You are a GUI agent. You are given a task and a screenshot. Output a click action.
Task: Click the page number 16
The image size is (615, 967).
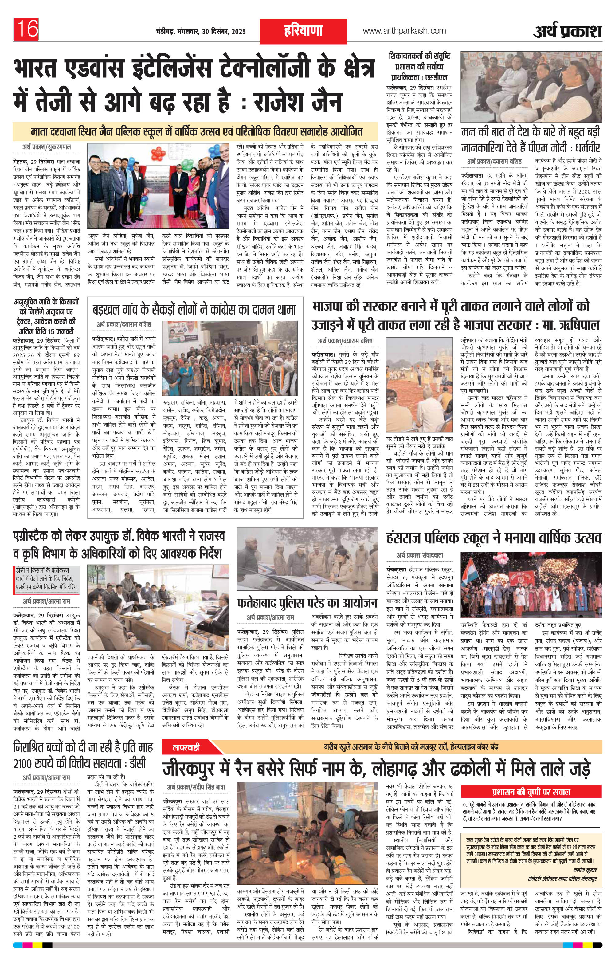(x=26, y=29)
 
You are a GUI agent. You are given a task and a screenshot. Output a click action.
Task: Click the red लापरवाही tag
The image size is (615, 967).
(x=186, y=748)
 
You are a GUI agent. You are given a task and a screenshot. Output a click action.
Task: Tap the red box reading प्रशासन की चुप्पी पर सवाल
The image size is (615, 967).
(x=531, y=789)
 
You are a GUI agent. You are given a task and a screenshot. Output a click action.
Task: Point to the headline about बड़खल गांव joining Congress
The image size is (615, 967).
(x=194, y=309)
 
